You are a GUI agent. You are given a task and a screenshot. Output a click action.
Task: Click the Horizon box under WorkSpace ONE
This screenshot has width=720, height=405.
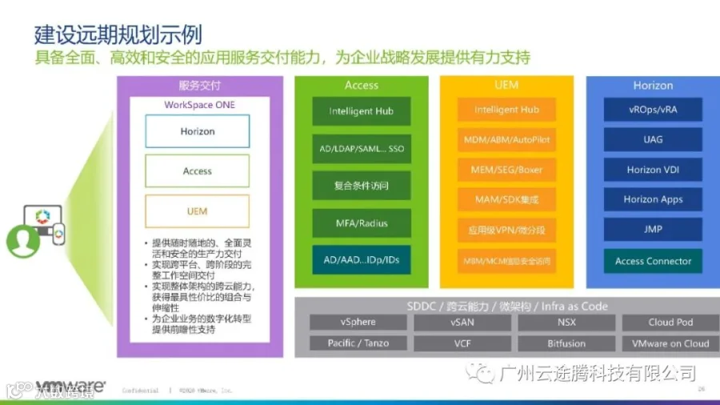point(197,131)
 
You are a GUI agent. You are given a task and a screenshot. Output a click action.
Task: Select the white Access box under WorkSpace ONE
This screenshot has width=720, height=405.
point(197,171)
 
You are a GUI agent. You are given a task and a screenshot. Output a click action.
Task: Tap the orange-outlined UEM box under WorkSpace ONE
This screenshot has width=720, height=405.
point(197,211)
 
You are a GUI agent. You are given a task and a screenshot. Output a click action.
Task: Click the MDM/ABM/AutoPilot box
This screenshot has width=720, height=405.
point(507,140)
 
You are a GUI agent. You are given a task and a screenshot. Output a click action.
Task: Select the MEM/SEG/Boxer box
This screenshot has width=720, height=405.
point(507,170)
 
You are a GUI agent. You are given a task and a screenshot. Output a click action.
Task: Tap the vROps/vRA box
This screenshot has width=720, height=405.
point(653,110)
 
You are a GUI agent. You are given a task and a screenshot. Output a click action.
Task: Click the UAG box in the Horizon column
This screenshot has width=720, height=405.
point(653,139)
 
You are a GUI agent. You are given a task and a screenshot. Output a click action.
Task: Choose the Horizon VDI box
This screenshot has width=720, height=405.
point(653,170)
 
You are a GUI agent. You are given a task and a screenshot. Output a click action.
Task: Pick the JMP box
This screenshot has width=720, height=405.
point(653,230)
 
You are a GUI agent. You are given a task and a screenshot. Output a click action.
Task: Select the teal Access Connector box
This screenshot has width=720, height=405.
point(653,261)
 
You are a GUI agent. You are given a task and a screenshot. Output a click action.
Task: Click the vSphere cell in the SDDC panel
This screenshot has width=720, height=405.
point(358,323)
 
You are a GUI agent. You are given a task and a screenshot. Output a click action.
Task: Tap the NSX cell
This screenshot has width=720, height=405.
point(566,323)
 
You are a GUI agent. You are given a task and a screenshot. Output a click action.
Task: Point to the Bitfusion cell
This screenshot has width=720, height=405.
point(566,343)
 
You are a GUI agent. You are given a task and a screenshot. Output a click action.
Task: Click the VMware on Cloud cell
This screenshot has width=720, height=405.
point(670,343)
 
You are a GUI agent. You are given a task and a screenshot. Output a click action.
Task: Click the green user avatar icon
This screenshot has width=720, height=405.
point(22,241)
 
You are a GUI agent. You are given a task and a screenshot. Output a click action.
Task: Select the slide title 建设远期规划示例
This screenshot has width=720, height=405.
point(118,35)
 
